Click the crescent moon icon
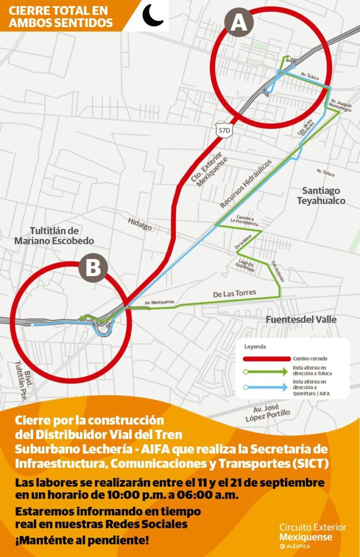[153, 15]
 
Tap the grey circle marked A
[239, 23]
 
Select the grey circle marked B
[93, 268]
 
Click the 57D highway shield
[224, 130]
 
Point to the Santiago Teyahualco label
[321, 196]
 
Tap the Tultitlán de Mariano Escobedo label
[54, 236]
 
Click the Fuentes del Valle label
[301, 319]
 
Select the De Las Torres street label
[235, 294]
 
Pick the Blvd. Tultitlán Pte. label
[26, 386]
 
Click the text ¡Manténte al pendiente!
[82, 541]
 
